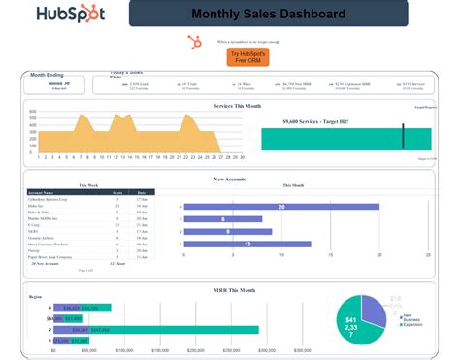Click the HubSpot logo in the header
point(70,14)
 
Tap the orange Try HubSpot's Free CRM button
point(241,57)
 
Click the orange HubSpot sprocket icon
point(194,41)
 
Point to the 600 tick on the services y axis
point(32,112)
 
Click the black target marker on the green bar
point(403,136)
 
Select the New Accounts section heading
point(230,179)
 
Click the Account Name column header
point(44,192)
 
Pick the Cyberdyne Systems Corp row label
point(49,199)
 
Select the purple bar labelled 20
point(280,207)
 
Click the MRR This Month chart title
point(233,289)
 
